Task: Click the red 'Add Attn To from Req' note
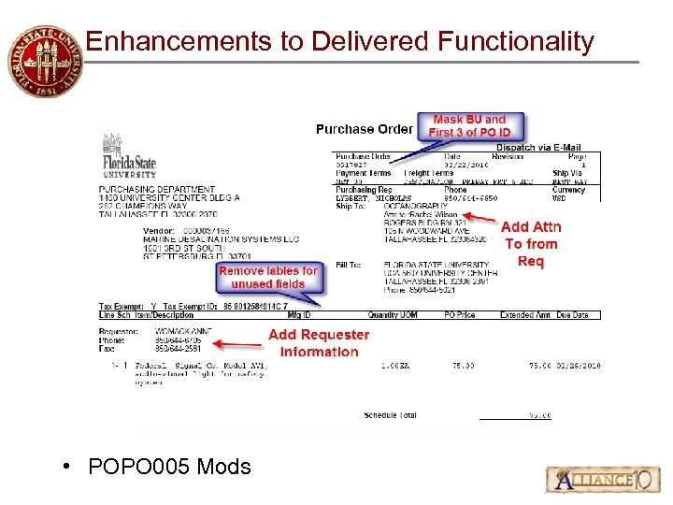531,244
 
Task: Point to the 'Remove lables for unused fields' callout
268,277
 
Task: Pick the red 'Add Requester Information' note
319,343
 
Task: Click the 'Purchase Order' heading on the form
364,129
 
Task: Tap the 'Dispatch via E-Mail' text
538,148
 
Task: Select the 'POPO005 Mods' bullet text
168,466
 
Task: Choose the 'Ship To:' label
348,207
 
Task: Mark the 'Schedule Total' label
391,415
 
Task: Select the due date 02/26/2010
580,365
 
